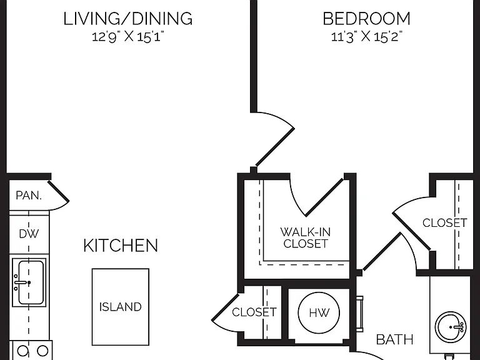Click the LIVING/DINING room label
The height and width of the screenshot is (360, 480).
(128, 19)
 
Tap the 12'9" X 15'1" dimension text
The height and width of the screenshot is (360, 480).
(128, 37)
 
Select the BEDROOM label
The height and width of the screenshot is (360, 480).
(366, 19)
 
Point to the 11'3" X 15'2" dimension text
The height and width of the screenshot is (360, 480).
(366, 37)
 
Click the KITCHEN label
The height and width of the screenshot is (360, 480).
(121, 246)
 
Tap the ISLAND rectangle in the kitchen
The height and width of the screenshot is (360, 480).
(121, 307)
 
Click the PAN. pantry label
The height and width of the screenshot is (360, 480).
(29, 195)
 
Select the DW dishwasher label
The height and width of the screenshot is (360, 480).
(29, 234)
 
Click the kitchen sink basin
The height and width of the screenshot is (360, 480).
(29, 282)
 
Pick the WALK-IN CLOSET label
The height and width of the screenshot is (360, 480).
(306, 237)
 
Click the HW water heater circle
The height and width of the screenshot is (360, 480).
(319, 313)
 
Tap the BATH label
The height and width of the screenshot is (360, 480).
(394, 339)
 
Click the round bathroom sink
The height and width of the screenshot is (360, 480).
(451, 327)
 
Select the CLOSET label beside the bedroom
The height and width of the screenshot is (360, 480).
(445, 223)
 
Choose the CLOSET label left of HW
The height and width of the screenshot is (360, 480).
(254, 312)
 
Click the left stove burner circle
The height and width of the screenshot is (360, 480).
(22, 351)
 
